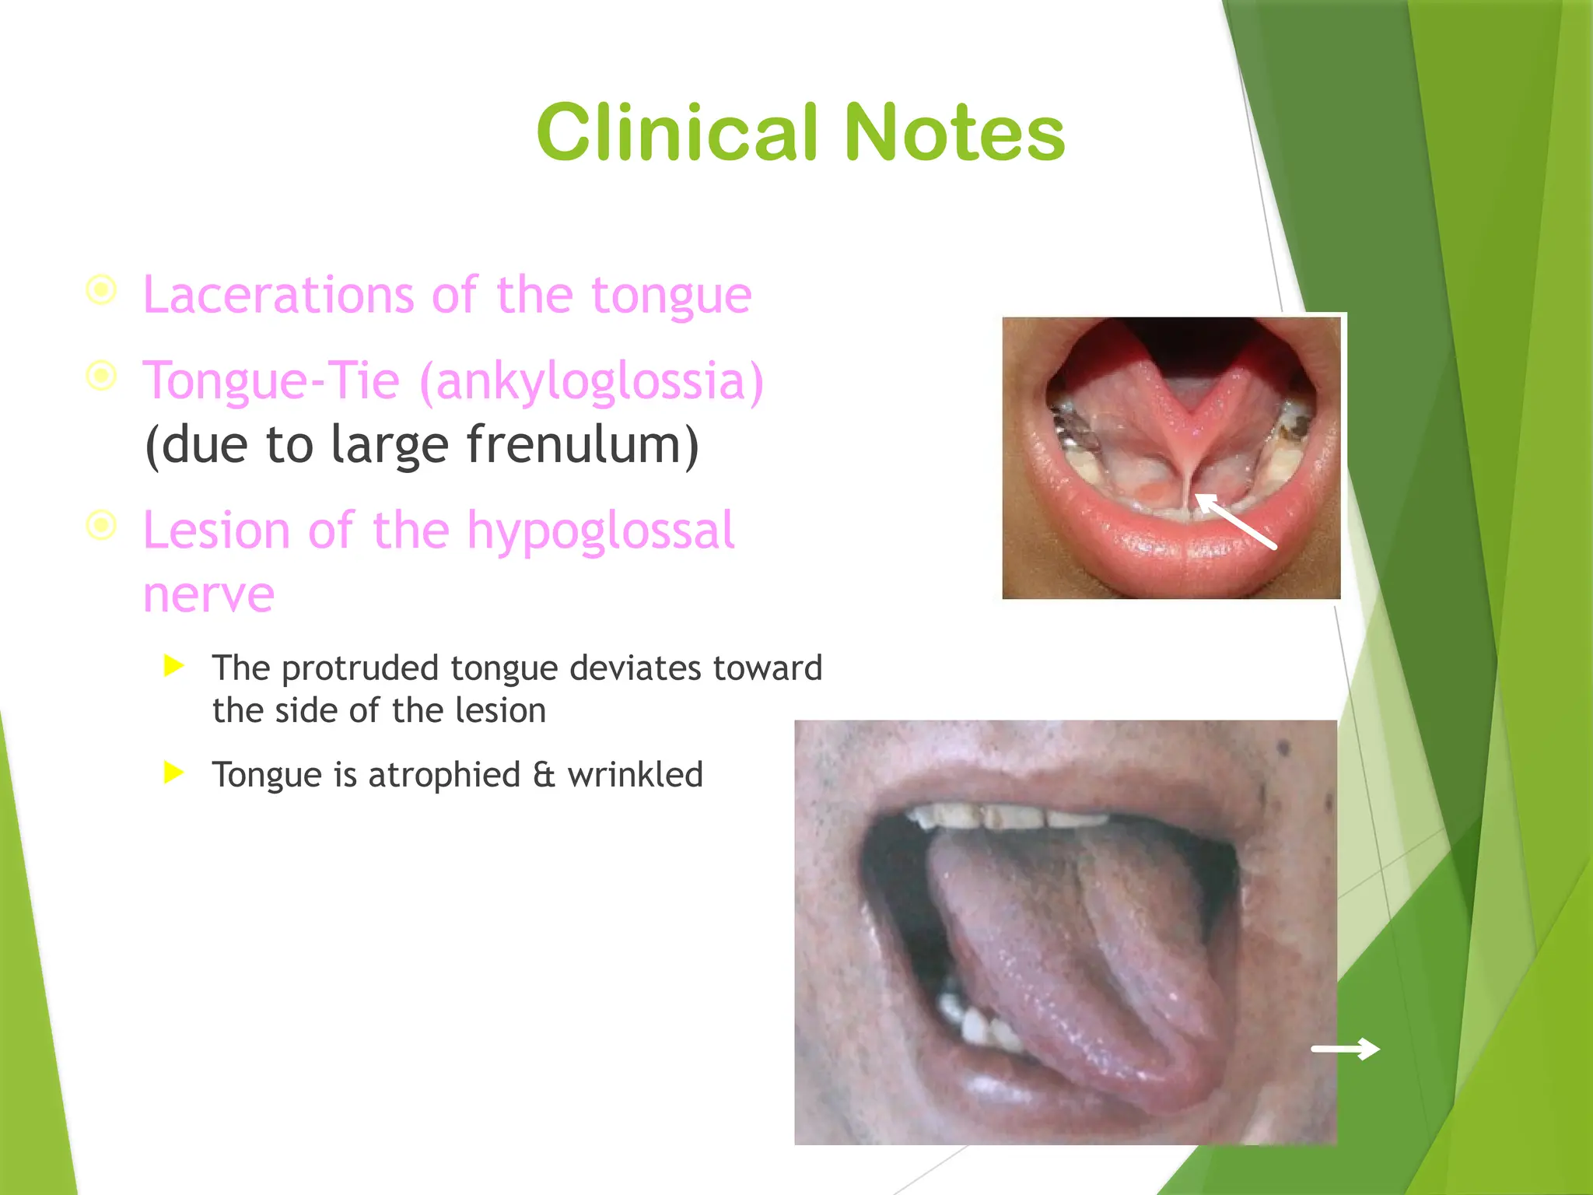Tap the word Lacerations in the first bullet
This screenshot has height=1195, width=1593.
[x=278, y=296]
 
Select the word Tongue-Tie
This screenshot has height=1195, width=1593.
[x=271, y=381]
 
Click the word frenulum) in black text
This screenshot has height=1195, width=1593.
[x=583, y=445]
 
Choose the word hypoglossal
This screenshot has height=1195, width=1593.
[x=600, y=531]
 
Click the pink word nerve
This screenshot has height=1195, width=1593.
[x=208, y=595]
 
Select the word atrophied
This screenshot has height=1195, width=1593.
[x=443, y=775]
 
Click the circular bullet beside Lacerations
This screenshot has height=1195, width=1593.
[x=101, y=290]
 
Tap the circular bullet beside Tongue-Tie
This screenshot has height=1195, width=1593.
[x=101, y=376]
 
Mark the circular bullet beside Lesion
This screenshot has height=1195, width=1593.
[x=101, y=525]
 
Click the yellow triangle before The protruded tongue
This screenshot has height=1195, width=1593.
[x=174, y=665]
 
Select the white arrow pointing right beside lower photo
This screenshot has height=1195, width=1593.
[x=1345, y=1050]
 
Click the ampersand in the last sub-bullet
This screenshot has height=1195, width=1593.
[x=544, y=775]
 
